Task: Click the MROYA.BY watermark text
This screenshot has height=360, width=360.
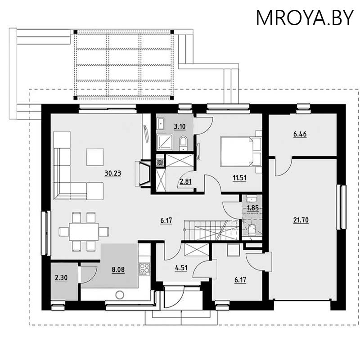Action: tap(305, 18)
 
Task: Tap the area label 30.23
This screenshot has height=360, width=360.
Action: tap(112, 173)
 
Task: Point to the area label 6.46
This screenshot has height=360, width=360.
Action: tap(300, 134)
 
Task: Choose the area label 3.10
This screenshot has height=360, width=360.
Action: tap(180, 126)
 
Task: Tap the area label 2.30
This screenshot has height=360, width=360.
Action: tap(61, 278)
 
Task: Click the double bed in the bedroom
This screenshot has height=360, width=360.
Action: tap(238, 151)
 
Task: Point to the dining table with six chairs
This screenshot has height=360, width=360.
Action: tap(84, 232)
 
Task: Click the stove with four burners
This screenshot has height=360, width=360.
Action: tap(144, 269)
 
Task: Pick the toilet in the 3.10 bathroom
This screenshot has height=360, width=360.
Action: tap(183, 143)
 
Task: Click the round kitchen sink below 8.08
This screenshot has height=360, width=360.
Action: tap(119, 295)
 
